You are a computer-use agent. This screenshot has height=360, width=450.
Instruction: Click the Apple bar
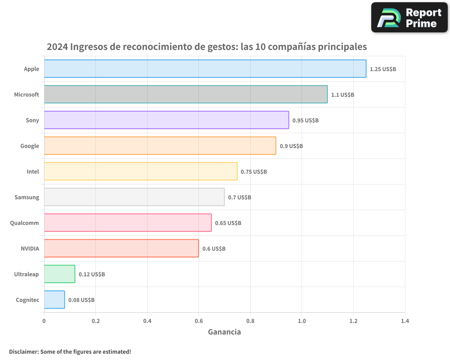(x=205, y=69)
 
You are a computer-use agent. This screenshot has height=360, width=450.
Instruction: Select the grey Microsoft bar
(x=185, y=94)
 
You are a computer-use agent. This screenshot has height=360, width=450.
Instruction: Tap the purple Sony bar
(x=166, y=120)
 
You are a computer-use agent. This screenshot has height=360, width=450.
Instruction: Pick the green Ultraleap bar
(x=59, y=274)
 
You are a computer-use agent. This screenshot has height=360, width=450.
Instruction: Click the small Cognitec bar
(x=54, y=300)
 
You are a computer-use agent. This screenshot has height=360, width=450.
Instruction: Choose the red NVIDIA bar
(x=121, y=248)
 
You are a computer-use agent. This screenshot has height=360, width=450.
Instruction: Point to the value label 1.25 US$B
(x=382, y=69)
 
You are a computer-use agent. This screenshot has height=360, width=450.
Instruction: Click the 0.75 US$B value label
(x=254, y=172)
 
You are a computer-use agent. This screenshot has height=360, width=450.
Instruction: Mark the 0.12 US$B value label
(x=92, y=274)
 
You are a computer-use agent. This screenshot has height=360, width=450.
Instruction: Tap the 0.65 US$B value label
(x=228, y=223)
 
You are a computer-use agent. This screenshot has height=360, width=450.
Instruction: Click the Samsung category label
(x=27, y=197)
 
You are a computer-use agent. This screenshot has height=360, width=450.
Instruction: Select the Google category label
(x=30, y=146)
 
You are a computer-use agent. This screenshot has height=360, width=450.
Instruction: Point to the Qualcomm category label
(x=24, y=223)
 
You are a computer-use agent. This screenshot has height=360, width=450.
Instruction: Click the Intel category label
(x=33, y=171)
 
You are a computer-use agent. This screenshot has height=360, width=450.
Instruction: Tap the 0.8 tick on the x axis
(x=250, y=321)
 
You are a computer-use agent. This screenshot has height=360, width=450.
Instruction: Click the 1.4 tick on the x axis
(x=405, y=321)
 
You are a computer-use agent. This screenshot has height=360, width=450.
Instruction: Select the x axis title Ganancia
(x=224, y=332)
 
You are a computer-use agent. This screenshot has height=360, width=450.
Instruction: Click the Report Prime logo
(x=409, y=18)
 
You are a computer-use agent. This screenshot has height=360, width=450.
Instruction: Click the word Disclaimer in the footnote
(x=23, y=351)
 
